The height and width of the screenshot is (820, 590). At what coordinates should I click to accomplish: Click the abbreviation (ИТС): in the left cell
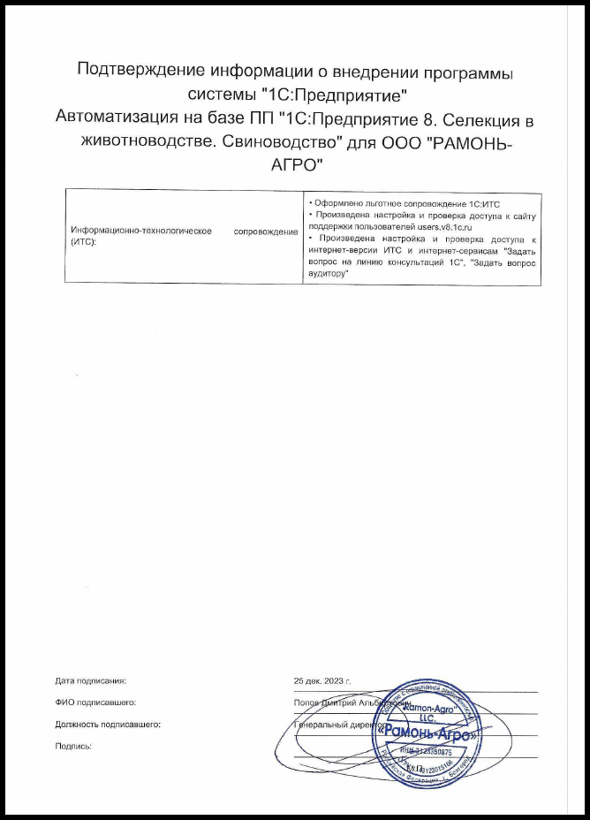82,241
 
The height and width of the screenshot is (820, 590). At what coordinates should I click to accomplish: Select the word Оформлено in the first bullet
334,203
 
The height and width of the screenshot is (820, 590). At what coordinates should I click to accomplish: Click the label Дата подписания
91,681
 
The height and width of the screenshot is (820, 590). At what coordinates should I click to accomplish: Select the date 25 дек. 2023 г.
322,681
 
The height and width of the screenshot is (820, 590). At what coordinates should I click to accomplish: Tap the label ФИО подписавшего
95,702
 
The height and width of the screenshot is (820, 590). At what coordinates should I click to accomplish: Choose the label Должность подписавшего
107,724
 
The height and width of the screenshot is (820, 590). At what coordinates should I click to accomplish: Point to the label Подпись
73,746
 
